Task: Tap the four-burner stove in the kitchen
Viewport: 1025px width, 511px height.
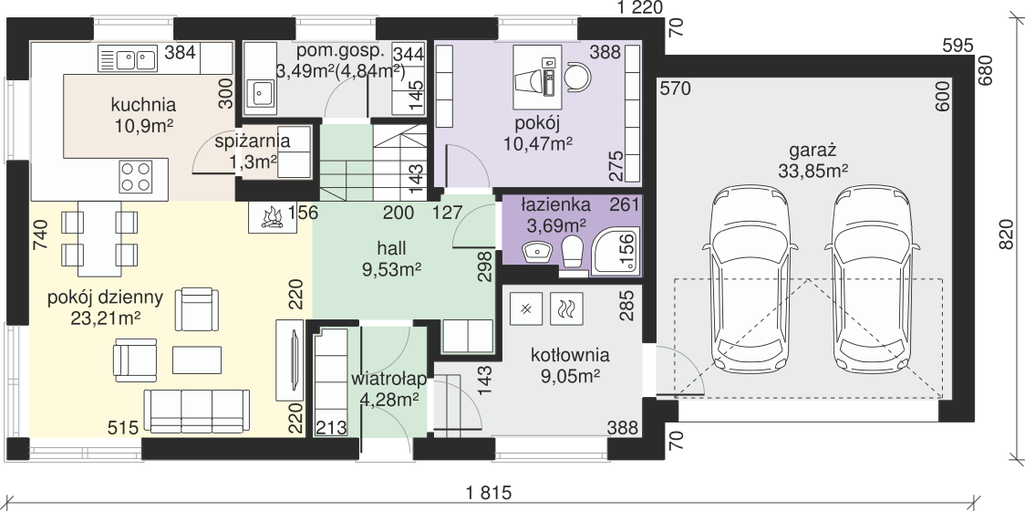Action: coord(135,177)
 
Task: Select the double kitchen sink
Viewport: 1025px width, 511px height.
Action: coord(127,59)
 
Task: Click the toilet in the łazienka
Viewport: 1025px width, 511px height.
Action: coord(573,251)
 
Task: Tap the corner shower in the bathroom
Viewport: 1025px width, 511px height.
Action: coord(616,250)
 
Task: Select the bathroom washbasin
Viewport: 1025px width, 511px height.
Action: coord(537,251)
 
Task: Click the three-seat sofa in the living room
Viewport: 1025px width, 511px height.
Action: coord(197,411)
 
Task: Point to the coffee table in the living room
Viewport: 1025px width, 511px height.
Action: coord(197,360)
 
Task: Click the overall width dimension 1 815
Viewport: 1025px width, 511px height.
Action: coord(489,491)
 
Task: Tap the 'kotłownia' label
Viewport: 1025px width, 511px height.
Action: coord(570,355)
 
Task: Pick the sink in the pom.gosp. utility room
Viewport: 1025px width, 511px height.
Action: coord(262,94)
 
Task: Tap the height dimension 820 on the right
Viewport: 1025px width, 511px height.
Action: coord(1008,233)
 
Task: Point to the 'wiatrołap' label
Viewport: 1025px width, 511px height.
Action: coord(389,379)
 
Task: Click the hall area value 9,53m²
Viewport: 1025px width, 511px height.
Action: coord(391,267)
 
